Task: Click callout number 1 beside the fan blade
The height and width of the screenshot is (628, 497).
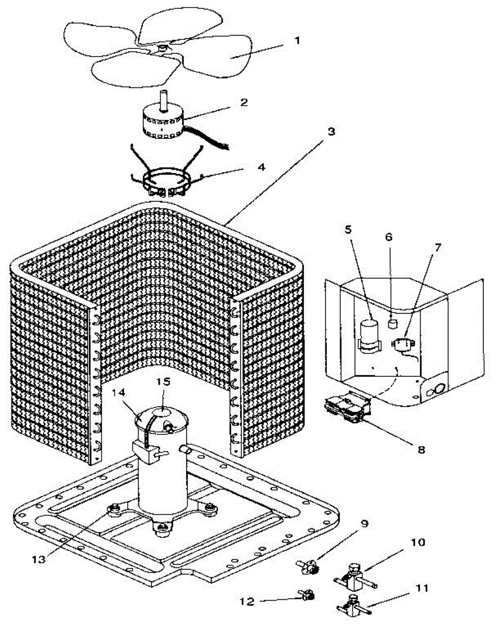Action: click(x=297, y=40)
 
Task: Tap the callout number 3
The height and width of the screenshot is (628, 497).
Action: click(x=331, y=131)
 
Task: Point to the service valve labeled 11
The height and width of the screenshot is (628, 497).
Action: click(x=353, y=605)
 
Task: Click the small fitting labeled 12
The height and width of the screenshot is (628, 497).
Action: click(x=307, y=595)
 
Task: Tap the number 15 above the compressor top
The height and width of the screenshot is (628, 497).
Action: click(x=164, y=382)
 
